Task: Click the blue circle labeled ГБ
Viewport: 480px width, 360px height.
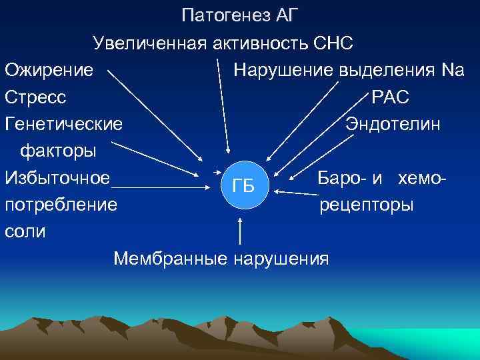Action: tap(244, 185)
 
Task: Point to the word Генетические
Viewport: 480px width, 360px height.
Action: tap(63, 124)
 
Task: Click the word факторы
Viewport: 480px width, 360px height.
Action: tap(58, 151)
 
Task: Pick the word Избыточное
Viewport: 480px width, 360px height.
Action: tap(57, 178)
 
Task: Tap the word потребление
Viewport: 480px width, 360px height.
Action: tap(61, 205)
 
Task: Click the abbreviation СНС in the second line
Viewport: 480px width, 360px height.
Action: tap(332, 43)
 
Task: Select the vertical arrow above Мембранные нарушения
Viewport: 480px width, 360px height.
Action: tap(240, 230)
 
